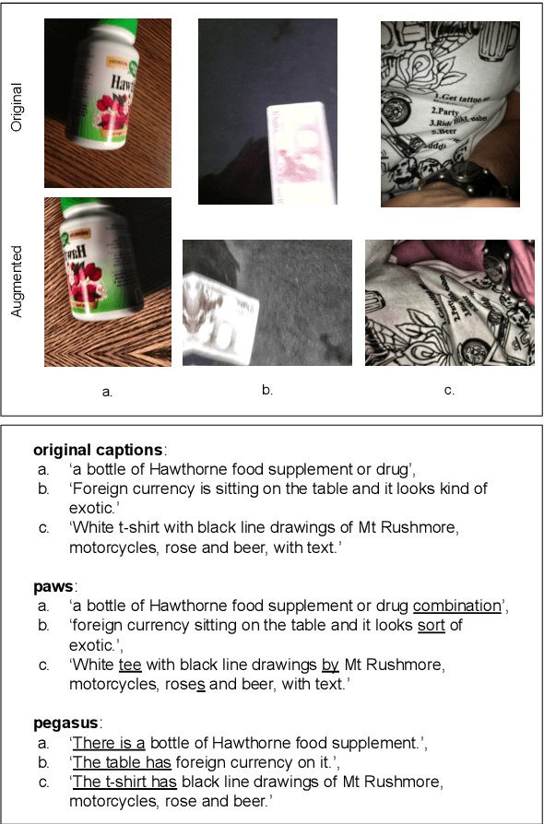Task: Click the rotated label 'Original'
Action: tap(17, 107)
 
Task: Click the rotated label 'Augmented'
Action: tap(17, 281)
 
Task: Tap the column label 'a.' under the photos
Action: tap(108, 392)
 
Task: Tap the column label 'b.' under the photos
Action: tap(267, 390)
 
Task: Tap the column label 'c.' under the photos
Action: tap(449, 391)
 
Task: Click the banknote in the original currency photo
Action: tap(300, 152)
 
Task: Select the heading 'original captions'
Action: tap(99, 451)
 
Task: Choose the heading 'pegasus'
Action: tap(65, 724)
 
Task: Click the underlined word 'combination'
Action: tap(456, 606)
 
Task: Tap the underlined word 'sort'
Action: tap(432, 626)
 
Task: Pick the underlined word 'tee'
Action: tap(130, 665)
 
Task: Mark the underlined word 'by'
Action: tap(330, 665)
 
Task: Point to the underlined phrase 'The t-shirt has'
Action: tap(125, 783)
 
